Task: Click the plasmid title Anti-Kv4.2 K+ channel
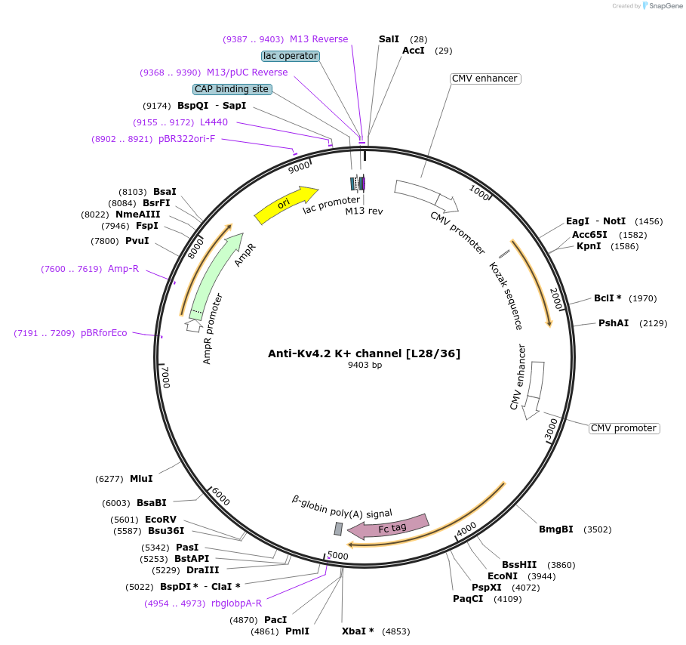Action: coord(364,353)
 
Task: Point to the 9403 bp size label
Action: coord(365,366)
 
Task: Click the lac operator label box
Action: coord(291,56)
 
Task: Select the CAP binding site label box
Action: coord(232,89)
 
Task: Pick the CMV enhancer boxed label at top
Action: coord(485,79)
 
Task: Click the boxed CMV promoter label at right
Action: coord(623,428)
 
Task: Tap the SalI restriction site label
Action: coord(389,39)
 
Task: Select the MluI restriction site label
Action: coord(141,479)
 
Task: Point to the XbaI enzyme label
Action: coord(358,631)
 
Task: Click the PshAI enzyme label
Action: coord(614,323)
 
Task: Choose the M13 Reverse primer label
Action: coord(318,39)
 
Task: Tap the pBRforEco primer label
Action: coord(104,333)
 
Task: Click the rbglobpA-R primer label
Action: coord(237,603)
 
